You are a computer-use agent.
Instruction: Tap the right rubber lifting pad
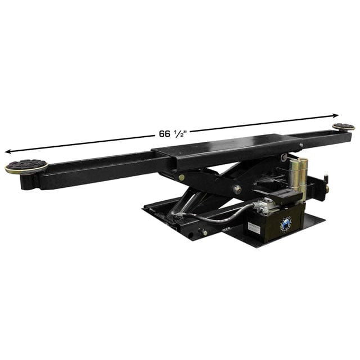click(x=343, y=127)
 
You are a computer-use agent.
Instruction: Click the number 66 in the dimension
click(x=164, y=133)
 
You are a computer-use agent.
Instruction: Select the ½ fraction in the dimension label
click(x=180, y=132)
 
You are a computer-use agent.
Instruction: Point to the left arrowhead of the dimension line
click(x=8, y=151)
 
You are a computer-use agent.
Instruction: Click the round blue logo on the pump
click(x=286, y=224)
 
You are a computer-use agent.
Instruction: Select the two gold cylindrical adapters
click(x=298, y=177)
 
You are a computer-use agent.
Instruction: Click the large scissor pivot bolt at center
click(x=237, y=190)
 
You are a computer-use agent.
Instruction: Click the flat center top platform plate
click(x=219, y=147)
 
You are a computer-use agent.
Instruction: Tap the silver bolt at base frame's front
click(x=204, y=232)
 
